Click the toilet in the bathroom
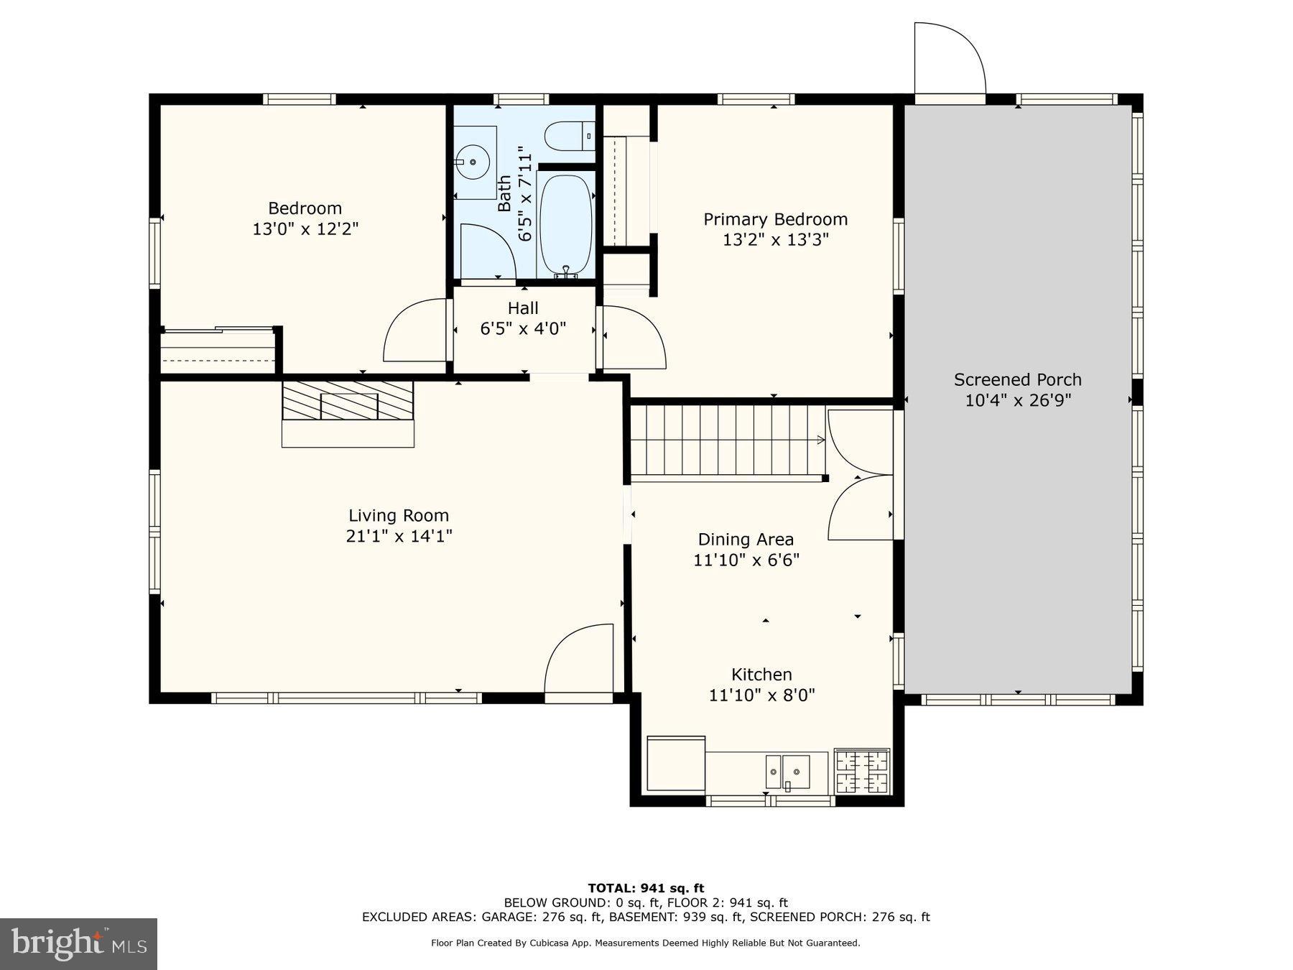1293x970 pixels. point(567,136)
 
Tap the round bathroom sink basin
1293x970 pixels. point(475,162)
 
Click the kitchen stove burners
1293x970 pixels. point(861,771)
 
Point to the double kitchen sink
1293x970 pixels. point(787,771)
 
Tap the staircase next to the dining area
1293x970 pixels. point(726,440)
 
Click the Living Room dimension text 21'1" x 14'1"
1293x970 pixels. point(399,536)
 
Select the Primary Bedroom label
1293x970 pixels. point(775,219)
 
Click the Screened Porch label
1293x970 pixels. point(1017,379)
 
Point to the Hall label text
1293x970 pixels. point(523,308)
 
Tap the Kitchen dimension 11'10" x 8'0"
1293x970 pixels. point(761,695)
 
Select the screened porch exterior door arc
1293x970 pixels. point(949,57)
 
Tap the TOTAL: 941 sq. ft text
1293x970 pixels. point(646,888)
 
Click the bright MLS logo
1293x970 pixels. point(78,943)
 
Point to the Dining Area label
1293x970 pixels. point(746,539)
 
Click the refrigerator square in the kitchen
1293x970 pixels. point(676,764)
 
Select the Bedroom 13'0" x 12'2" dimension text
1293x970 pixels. point(305,229)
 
